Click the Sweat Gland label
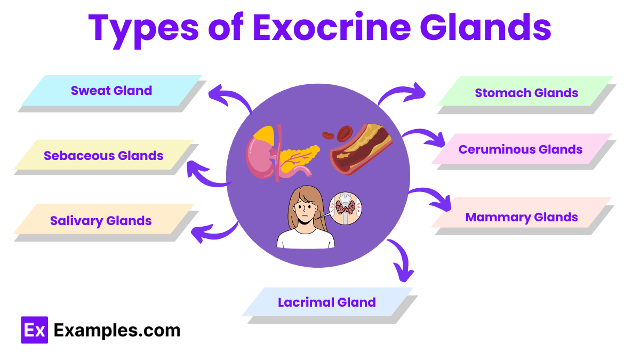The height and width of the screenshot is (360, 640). coord(111,91)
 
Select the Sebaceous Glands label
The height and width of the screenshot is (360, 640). coord(103,156)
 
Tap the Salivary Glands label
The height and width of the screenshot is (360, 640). coord(101,221)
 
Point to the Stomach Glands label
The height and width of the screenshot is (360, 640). coord(526,93)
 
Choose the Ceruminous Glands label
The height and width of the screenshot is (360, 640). coord(521,149)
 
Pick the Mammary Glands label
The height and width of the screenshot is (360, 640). coord(522,217)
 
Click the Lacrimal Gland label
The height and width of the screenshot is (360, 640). coord(327,302)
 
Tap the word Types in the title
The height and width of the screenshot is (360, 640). coord(143,30)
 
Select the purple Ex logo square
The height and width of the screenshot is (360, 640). coord(35,330)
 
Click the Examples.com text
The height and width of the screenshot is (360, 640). coord(117,331)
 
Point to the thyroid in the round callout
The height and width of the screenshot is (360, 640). coord(345,206)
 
